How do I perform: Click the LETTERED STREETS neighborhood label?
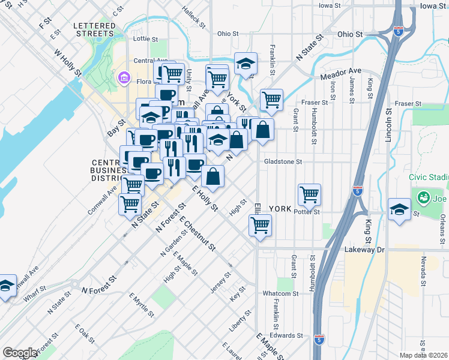pos(93,29)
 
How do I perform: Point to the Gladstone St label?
pos(282,161)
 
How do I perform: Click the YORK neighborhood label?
pos(280,209)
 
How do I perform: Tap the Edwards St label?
pos(285,335)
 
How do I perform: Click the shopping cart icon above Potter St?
pos(309,194)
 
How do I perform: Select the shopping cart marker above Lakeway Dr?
pos(261,226)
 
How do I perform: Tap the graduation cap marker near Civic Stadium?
pos(399,209)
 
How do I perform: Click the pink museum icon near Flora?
pos(124,77)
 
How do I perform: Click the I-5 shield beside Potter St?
pos(358,191)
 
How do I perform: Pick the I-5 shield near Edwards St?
pos(319,339)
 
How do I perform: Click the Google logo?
pos(20,353)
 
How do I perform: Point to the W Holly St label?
pos(68,63)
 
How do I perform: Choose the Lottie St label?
pos(145,38)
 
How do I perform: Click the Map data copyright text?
pos(423,355)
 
